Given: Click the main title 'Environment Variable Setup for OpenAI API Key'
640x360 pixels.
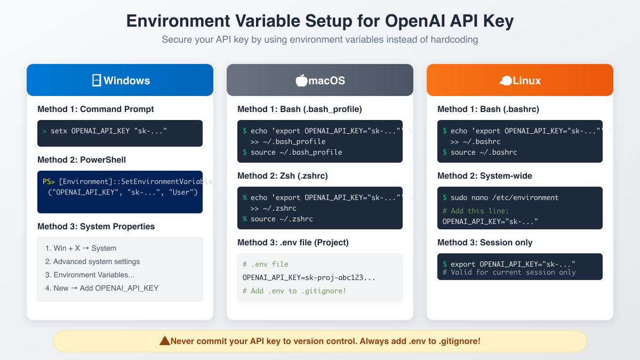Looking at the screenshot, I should (320, 21).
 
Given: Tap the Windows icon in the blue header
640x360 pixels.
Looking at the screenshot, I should (97, 81).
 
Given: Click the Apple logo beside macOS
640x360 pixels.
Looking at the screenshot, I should (301, 81).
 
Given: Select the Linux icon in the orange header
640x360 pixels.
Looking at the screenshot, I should (505, 81).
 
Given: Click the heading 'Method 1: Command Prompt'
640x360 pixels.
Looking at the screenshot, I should (95, 109).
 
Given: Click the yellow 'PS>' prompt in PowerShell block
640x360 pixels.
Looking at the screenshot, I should (49, 182).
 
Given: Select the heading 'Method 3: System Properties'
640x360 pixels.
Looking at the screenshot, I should (96, 227).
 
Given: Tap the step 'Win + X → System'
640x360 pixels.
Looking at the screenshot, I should (81, 248).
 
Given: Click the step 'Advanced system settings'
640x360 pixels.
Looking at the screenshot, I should (92, 261).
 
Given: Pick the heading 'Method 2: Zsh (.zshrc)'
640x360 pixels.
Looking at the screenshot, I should (283, 176).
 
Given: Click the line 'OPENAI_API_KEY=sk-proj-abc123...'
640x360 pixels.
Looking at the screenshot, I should (309, 277).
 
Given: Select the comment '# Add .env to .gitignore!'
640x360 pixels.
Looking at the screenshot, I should (294, 291).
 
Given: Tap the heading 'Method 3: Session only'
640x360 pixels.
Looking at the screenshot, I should (485, 243).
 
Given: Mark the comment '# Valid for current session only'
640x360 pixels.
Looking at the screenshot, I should (509, 273).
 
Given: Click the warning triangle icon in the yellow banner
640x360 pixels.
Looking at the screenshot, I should (165, 341).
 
